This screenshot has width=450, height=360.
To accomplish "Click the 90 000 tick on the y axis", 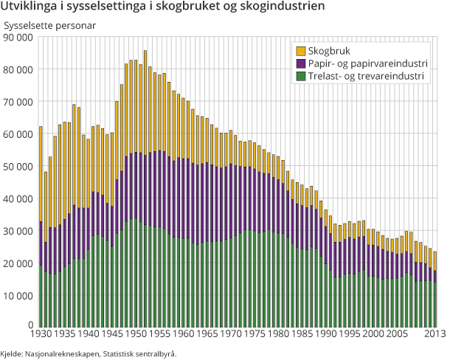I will [x=18, y=37].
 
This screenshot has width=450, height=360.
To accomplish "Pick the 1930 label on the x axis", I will [x=41, y=334].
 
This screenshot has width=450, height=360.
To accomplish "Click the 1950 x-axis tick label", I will [x=135, y=334].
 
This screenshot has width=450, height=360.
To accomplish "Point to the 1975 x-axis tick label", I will [x=255, y=334].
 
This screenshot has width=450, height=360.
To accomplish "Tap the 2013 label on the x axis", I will [x=435, y=334].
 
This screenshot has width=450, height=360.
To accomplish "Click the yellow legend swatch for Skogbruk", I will [x=301, y=52].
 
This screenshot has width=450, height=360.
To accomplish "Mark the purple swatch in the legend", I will [x=301, y=64].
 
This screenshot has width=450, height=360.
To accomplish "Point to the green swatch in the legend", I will [x=301, y=76].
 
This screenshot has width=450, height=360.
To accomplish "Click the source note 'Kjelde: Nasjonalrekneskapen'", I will [x=89, y=353].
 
